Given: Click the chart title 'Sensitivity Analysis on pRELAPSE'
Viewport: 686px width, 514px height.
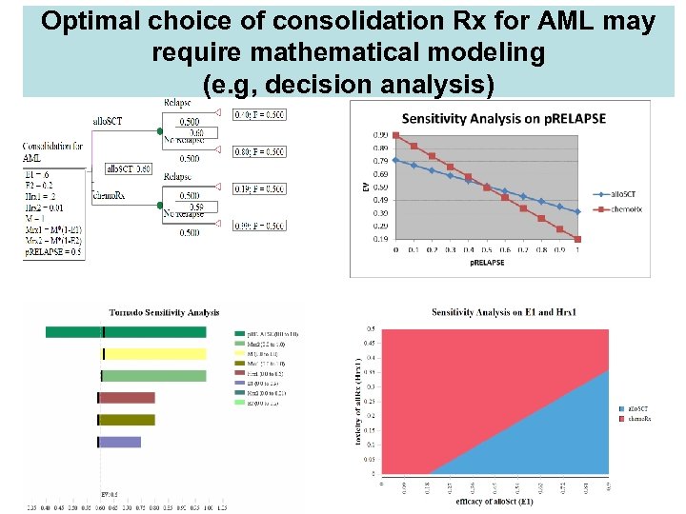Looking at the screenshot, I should (x=503, y=118).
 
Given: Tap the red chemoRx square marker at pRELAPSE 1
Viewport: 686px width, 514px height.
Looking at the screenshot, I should (x=577, y=239).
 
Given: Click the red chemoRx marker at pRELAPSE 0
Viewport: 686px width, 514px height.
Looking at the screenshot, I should (x=396, y=146).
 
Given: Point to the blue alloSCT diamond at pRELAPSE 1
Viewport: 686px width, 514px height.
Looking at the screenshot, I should (x=577, y=211).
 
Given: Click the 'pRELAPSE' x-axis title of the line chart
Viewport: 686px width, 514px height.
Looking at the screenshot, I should (x=486, y=264).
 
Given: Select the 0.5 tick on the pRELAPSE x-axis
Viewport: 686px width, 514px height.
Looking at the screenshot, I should (x=487, y=250).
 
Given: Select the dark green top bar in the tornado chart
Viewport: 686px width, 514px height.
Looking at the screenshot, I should (x=126, y=332).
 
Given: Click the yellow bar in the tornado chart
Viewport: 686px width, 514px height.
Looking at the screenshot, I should (x=153, y=354).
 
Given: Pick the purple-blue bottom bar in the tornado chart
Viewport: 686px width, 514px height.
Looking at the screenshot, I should (x=120, y=442).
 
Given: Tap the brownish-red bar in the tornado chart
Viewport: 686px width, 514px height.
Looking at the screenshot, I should (x=127, y=398).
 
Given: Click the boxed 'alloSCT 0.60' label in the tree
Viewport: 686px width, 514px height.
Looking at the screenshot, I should (x=129, y=168).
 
